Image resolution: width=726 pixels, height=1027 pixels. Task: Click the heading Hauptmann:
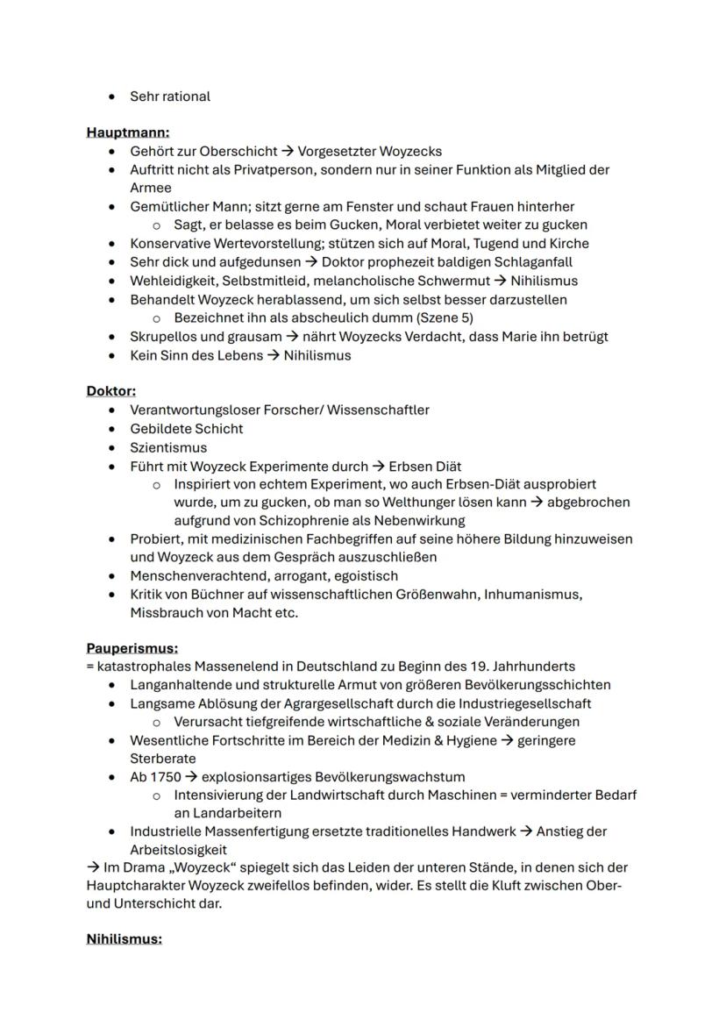coord(127,132)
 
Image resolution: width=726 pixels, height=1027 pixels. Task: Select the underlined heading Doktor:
coord(110,391)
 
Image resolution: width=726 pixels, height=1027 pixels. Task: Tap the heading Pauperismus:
coord(132,648)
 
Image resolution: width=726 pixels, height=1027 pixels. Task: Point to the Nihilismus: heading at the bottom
coord(124,939)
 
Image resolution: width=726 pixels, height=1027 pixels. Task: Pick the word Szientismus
coord(168,447)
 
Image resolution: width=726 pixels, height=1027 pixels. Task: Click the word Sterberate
coord(162,759)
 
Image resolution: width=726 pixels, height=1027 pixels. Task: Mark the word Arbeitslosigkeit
coord(178,850)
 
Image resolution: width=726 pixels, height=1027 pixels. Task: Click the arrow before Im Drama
coord(93,867)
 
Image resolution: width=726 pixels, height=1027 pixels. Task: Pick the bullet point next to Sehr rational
coord(112,96)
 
